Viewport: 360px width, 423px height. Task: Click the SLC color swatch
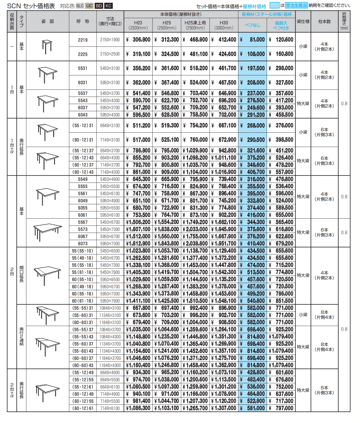pos(80,6)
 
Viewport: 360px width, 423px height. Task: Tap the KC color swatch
pos(108,6)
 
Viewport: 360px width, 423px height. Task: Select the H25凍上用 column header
pos(195,25)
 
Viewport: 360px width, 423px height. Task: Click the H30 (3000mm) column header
pos(224,25)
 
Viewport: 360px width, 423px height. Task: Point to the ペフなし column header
pos(252,25)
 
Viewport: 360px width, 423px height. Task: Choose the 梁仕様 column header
pos(303,21)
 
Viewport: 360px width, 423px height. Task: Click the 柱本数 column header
pos(324,21)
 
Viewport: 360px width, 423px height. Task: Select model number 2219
pos(83,40)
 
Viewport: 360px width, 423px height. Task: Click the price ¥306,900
pos(139,40)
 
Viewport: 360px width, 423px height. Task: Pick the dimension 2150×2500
pos(110,54)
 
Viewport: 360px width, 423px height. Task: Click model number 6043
pos(83,115)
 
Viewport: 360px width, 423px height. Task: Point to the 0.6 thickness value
pos(344,233)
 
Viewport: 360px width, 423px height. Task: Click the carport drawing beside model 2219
pos(47,47)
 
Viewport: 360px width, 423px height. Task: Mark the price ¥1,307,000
pos(224,408)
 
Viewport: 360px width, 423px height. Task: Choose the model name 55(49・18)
pos(83,258)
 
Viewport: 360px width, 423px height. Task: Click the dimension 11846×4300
pos(110,365)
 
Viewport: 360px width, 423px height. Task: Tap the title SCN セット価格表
pos(31,6)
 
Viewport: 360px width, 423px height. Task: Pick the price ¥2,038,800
pos(195,244)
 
